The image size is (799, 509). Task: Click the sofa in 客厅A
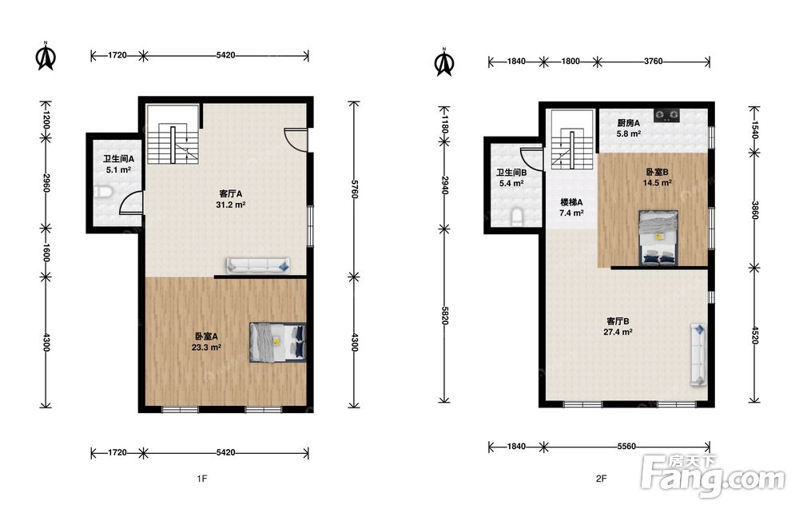coord(258,265)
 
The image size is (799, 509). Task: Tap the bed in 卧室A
coord(278,342)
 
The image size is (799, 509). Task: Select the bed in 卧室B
coord(659,238)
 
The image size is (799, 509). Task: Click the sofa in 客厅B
coord(698,354)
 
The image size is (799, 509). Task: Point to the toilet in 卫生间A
coord(102,193)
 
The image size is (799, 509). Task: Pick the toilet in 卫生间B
coord(517,217)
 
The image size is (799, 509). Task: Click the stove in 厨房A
coord(667,116)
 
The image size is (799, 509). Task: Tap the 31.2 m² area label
coord(231,205)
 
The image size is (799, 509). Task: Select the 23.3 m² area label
coord(206,348)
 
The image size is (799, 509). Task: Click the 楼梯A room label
coord(572,202)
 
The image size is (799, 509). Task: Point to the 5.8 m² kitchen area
coord(628,134)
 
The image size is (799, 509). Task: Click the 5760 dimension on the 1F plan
coord(354,189)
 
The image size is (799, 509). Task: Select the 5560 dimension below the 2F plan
coord(626,447)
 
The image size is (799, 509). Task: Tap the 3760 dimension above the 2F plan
coord(654,62)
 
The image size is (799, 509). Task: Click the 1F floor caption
coord(202,479)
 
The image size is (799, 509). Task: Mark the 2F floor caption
coord(602,479)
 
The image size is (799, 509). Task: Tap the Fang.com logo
coord(713,476)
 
